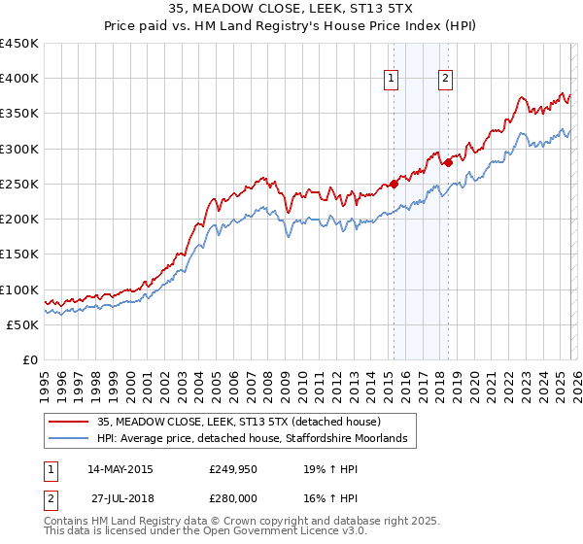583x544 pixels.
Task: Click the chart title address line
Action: coord(291,10)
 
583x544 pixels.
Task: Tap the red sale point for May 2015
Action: coord(394,184)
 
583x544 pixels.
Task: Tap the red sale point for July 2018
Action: coord(448,163)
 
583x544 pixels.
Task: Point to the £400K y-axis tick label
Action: coord(19,79)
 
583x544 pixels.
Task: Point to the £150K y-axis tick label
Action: coord(19,255)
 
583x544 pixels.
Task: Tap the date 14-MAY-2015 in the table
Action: coord(120,469)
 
